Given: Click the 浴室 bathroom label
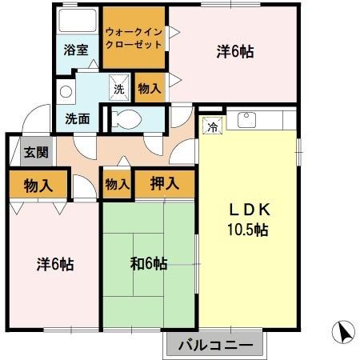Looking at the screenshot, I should (76, 48).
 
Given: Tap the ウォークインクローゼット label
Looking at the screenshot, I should (134, 38).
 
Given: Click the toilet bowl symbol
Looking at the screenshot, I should (128, 120).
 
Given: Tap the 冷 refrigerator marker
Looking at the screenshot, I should (212, 126).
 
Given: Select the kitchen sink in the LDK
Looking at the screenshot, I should (246, 122).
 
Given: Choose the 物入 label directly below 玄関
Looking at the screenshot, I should (38, 186).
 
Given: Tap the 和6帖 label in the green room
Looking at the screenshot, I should (148, 263).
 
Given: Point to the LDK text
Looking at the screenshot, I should (250, 210).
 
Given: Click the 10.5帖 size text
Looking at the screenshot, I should (250, 230).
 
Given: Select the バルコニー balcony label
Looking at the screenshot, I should (215, 346).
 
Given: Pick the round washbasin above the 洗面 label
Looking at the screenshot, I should (66, 90).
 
